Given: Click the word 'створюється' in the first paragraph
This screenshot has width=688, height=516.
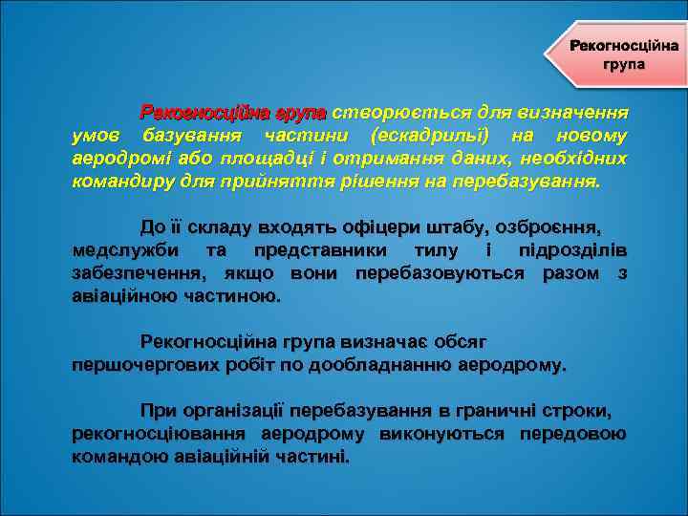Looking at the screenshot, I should click(x=381, y=112).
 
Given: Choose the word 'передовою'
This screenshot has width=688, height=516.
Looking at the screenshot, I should click(x=572, y=435).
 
